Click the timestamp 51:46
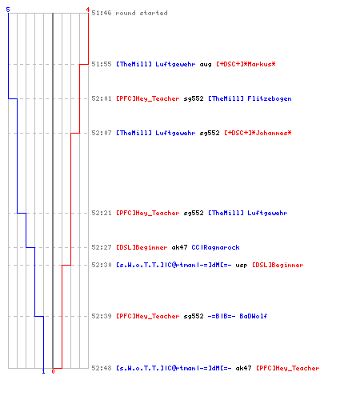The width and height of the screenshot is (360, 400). pos(102,13)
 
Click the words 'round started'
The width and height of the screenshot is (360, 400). pos(142,13)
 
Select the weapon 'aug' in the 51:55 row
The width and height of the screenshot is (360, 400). pos(206,65)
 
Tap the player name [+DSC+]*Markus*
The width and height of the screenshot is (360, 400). pos(246,64)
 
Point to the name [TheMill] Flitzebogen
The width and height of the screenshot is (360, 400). pos(250,98)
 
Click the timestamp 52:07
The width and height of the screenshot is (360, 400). pos(102,133)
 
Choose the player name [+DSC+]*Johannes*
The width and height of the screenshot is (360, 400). pos(258,133)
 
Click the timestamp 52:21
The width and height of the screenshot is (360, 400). pos(102,213)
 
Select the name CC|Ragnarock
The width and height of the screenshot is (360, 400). pos(215,247)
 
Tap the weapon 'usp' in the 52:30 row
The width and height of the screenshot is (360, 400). pos(242,266)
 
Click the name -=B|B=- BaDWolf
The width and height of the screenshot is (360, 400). pos(238,316)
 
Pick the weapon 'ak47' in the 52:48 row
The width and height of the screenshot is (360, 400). pos(243,368)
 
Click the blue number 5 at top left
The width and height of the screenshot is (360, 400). pos(8,10)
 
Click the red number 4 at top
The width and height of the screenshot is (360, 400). pos(88,10)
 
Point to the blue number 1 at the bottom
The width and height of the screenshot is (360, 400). pos(43,371)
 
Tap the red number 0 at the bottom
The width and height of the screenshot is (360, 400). pos(53,371)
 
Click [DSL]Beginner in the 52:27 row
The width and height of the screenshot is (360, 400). pos(142,247)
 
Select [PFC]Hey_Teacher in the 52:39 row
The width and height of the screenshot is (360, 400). pos(148,316)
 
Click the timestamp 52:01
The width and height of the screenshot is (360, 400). pos(102,98)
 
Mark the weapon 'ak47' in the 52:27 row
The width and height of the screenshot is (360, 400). pos(179,247)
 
